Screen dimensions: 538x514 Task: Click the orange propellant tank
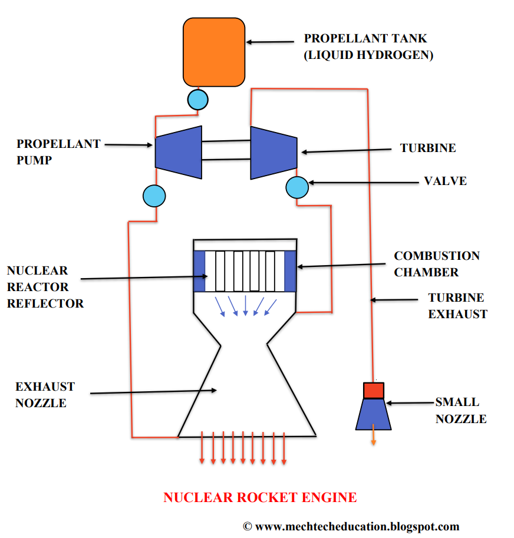coord(214,52)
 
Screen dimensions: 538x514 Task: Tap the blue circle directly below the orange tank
coord(198,100)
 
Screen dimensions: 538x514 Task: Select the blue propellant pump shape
coord(178,152)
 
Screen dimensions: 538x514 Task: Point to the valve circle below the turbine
coord(297,187)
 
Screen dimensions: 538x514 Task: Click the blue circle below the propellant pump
coord(154,196)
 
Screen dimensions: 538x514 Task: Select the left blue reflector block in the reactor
coord(199,271)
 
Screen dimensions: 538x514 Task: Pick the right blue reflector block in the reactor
coord(290,271)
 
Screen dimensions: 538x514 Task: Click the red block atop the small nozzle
coord(373,390)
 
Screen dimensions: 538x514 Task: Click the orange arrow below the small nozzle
coord(373,439)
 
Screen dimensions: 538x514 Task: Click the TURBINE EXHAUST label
coord(457,306)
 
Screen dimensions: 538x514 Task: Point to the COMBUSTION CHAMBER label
coord(436,264)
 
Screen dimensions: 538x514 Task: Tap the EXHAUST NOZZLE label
coord(45,395)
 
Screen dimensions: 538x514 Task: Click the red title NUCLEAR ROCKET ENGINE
coord(260,497)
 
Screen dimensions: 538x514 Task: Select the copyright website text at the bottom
coord(351,526)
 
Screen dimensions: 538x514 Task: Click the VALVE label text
coord(445,181)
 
